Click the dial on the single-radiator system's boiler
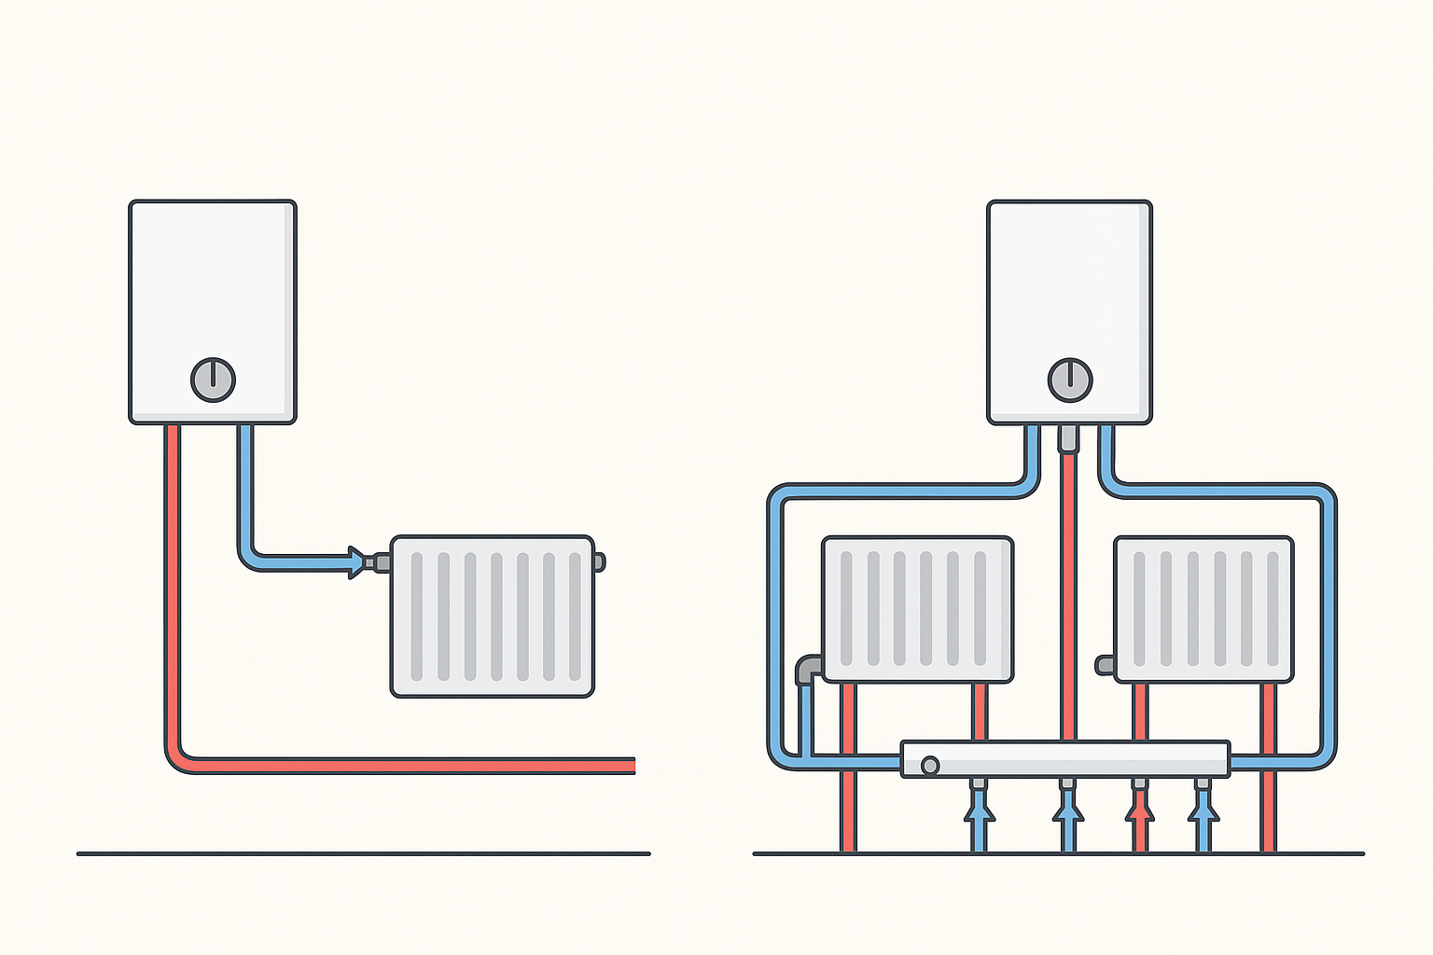coord(213,380)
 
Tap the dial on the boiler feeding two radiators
coord(1070,380)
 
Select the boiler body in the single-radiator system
coord(213,289)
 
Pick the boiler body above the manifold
coord(1069,289)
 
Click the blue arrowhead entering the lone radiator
coord(355,561)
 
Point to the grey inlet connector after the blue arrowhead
coord(380,561)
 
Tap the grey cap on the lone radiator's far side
coord(599,561)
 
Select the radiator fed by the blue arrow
coord(493,617)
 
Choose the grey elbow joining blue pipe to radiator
coord(808,668)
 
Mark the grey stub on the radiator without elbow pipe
coord(1106,665)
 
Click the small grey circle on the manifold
coord(929,766)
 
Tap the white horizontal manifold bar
coord(1064,759)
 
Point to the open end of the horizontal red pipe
coord(632,765)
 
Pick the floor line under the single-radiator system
coord(363,853)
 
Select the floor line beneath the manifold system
coord(1058,853)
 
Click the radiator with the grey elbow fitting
coord(917,609)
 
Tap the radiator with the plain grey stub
coord(1203,609)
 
